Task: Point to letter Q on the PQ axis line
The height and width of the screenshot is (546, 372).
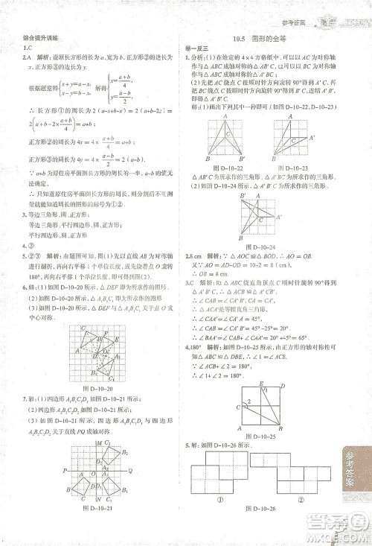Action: coord(130,470)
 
